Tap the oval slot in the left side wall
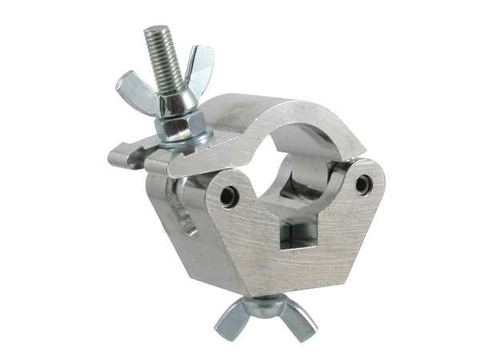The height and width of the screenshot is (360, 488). coord(185,212)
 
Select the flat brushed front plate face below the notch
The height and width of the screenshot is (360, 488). coord(296,264)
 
